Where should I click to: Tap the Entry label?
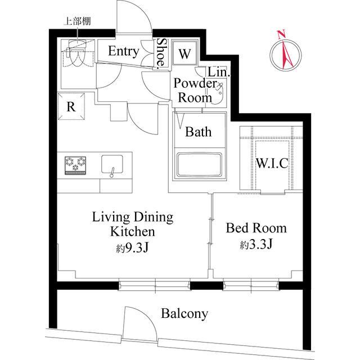123,52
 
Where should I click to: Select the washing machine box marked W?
184,55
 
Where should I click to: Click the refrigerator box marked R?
71,106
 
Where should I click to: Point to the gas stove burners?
76,164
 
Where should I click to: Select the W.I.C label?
272,164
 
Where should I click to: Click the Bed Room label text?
256,228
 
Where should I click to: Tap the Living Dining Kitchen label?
133,224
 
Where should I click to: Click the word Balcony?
184,313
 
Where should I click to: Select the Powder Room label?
195,90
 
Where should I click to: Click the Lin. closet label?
218,73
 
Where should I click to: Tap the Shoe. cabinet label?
161,53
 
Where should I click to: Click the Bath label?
199,132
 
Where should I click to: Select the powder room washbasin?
218,94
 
